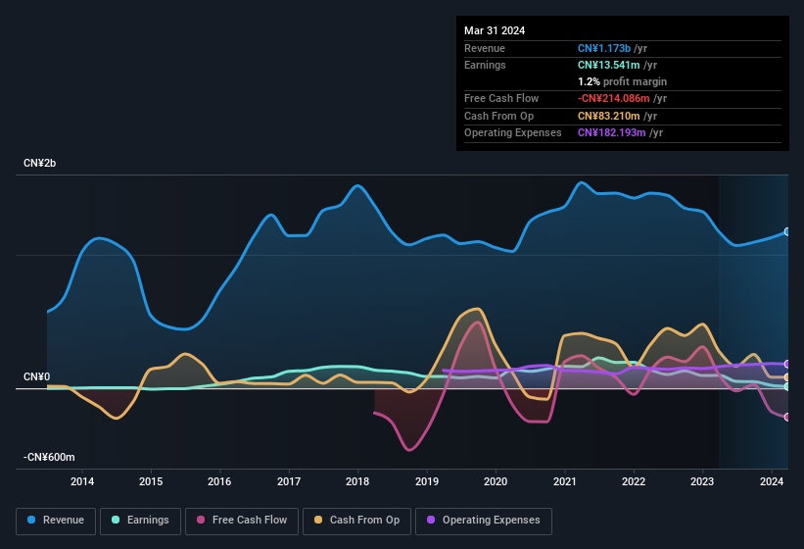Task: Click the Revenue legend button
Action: [57, 521]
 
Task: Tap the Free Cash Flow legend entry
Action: [242, 521]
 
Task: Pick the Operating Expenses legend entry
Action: [484, 521]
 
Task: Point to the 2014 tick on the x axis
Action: [82, 481]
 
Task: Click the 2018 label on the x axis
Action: [357, 481]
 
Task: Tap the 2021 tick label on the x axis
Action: [564, 481]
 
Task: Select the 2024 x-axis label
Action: [771, 481]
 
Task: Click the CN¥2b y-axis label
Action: [40, 163]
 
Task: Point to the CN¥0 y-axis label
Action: [37, 377]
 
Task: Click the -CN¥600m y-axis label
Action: [50, 458]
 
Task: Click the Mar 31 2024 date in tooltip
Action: [495, 30]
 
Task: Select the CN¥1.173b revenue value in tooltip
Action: [611, 48]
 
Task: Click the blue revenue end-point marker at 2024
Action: [787, 232]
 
